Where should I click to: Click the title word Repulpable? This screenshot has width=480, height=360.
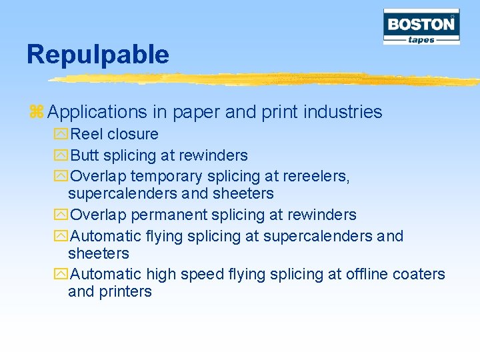[x=97, y=55]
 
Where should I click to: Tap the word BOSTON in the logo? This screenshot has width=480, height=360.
[x=421, y=25]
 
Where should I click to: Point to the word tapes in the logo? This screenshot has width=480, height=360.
[x=421, y=39]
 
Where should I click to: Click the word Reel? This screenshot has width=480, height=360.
[x=87, y=134]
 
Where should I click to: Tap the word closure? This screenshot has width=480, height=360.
[x=133, y=134]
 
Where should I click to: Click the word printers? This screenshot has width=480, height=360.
[x=125, y=292]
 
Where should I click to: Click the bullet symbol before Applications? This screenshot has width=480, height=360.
[x=36, y=112]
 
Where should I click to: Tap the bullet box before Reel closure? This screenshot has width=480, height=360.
[x=61, y=135]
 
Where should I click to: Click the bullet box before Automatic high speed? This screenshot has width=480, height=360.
[x=61, y=275]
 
